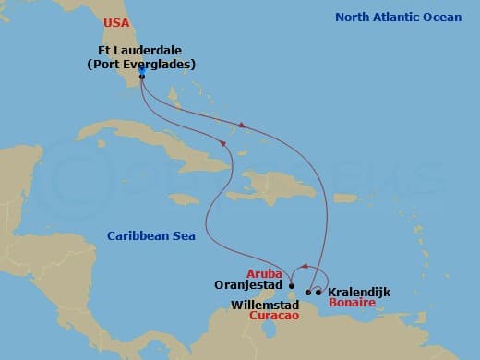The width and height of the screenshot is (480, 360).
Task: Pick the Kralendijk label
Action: (x=359, y=292)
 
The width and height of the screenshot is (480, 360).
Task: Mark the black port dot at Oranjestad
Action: (x=292, y=285)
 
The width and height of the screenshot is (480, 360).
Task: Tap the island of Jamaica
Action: (x=184, y=199)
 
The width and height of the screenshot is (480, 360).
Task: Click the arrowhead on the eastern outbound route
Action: (x=242, y=125)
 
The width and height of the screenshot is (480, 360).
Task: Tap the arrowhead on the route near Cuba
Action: (x=222, y=141)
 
